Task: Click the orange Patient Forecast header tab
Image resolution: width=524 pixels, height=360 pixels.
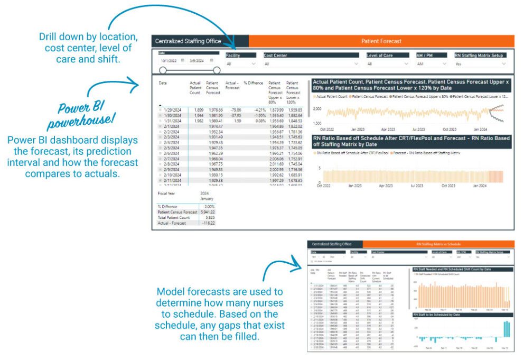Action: click(x=381, y=41)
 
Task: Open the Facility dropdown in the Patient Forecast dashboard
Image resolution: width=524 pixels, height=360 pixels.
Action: click(x=241, y=64)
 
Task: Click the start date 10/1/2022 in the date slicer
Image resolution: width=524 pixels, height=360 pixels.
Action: click(x=169, y=61)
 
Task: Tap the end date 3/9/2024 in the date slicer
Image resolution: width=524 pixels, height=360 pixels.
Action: click(x=198, y=61)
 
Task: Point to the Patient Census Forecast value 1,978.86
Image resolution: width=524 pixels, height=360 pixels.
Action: click(x=213, y=109)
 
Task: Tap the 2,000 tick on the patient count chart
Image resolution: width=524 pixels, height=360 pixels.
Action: click(x=317, y=108)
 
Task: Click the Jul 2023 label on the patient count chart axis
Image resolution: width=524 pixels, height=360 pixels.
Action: click(x=418, y=129)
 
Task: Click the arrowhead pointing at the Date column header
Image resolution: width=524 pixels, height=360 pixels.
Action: click(x=138, y=82)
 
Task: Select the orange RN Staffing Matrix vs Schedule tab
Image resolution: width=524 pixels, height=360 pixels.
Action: click(x=439, y=244)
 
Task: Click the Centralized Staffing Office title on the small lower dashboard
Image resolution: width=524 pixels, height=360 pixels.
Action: click(x=332, y=244)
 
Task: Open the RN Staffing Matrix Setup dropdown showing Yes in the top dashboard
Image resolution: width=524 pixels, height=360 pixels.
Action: click(x=480, y=64)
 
